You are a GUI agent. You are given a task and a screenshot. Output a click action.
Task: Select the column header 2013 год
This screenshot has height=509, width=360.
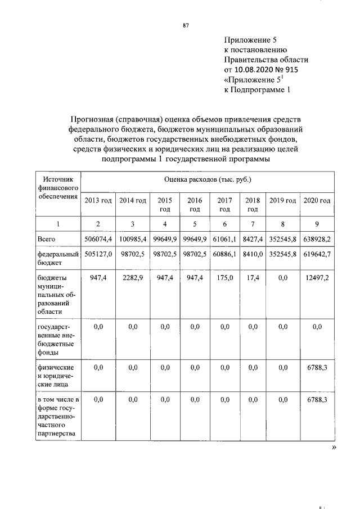(x=98, y=201)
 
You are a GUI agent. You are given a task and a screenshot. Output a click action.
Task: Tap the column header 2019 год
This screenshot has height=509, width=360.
(x=283, y=201)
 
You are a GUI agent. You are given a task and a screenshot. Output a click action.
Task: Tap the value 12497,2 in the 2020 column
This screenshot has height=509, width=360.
(x=317, y=277)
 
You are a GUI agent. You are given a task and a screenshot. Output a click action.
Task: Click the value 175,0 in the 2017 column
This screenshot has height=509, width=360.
(x=224, y=277)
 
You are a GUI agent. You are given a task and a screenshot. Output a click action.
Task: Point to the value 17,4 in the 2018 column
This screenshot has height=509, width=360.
(x=253, y=277)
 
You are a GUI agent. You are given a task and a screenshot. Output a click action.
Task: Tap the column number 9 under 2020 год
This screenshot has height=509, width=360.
(x=317, y=224)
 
